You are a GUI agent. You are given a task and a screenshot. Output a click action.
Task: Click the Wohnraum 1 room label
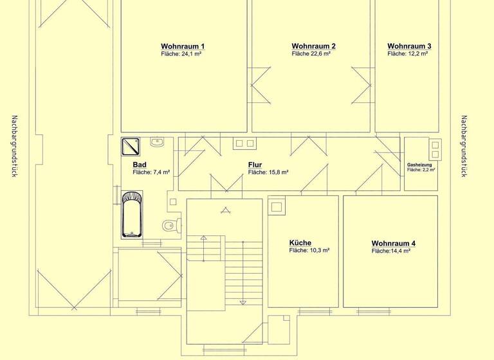183,46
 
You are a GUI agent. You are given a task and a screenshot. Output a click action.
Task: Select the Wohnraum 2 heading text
313,46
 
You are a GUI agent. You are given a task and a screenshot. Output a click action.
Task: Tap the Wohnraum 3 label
409,46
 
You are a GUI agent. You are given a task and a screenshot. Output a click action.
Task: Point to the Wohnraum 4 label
394,243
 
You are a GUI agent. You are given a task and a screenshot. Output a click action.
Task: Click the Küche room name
300,243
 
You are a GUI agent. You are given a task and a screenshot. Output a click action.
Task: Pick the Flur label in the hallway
255,165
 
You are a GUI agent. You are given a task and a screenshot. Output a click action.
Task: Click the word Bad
140,165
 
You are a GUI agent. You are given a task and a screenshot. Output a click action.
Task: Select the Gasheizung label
421,165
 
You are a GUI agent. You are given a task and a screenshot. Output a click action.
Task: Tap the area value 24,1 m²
182,55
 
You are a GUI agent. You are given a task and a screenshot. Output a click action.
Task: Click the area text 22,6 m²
311,55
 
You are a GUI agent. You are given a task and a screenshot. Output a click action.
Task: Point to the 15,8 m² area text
268,172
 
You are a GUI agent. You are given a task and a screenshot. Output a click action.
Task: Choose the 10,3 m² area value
309,251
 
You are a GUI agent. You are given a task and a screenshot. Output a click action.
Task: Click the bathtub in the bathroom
134,213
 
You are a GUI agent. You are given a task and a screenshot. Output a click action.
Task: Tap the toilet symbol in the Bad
169,225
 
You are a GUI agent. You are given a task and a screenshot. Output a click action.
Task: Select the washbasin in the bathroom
157,141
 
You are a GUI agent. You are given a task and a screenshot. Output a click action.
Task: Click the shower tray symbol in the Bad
133,146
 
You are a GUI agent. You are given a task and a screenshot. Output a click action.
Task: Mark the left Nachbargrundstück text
14,147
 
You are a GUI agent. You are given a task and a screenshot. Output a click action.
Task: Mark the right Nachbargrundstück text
464,147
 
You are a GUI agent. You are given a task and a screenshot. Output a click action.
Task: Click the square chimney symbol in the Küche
277,207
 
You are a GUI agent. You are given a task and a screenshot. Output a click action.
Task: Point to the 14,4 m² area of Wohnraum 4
390,251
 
